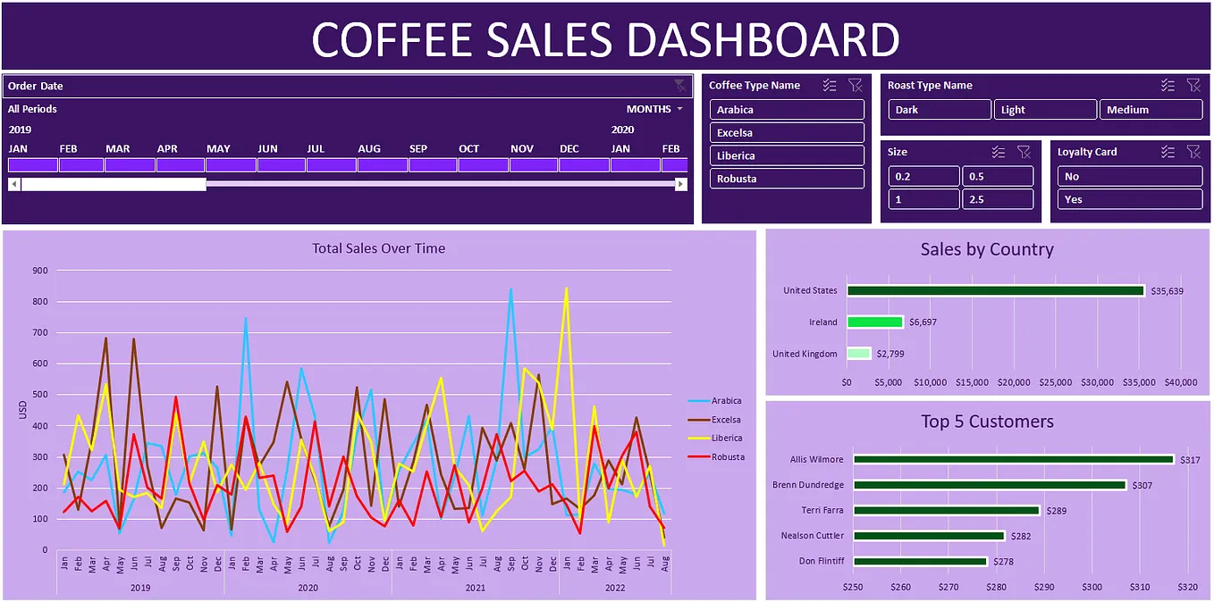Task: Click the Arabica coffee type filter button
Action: point(787,110)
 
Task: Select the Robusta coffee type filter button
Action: point(787,179)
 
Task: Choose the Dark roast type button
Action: point(940,110)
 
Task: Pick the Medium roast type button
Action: point(1151,110)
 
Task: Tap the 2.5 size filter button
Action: point(998,199)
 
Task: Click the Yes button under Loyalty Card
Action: point(1129,199)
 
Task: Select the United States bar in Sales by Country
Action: point(995,290)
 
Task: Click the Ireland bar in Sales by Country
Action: point(874,322)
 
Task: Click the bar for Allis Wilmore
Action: point(1013,459)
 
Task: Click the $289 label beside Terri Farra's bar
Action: point(1058,511)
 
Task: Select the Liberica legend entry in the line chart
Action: point(726,439)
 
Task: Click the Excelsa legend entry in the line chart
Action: point(726,420)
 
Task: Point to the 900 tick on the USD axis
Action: point(38,271)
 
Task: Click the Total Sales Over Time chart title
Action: point(378,248)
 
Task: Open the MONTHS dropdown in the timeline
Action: point(654,109)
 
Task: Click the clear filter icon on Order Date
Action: point(679,86)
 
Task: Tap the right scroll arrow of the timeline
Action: point(681,184)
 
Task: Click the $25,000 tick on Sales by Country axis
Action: point(1056,382)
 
